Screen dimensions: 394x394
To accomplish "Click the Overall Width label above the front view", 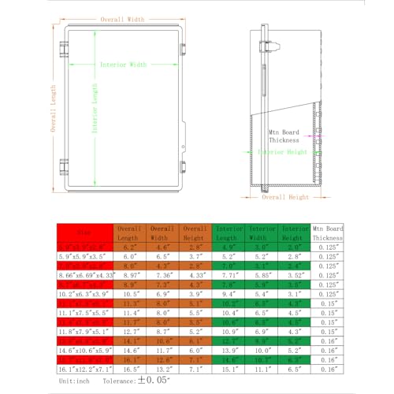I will click(x=121, y=19).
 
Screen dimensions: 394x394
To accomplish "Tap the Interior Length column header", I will click(x=231, y=232).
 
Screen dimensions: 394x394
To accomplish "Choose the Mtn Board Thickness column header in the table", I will click(x=327, y=232).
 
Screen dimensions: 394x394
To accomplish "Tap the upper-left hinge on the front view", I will click(x=62, y=50).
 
